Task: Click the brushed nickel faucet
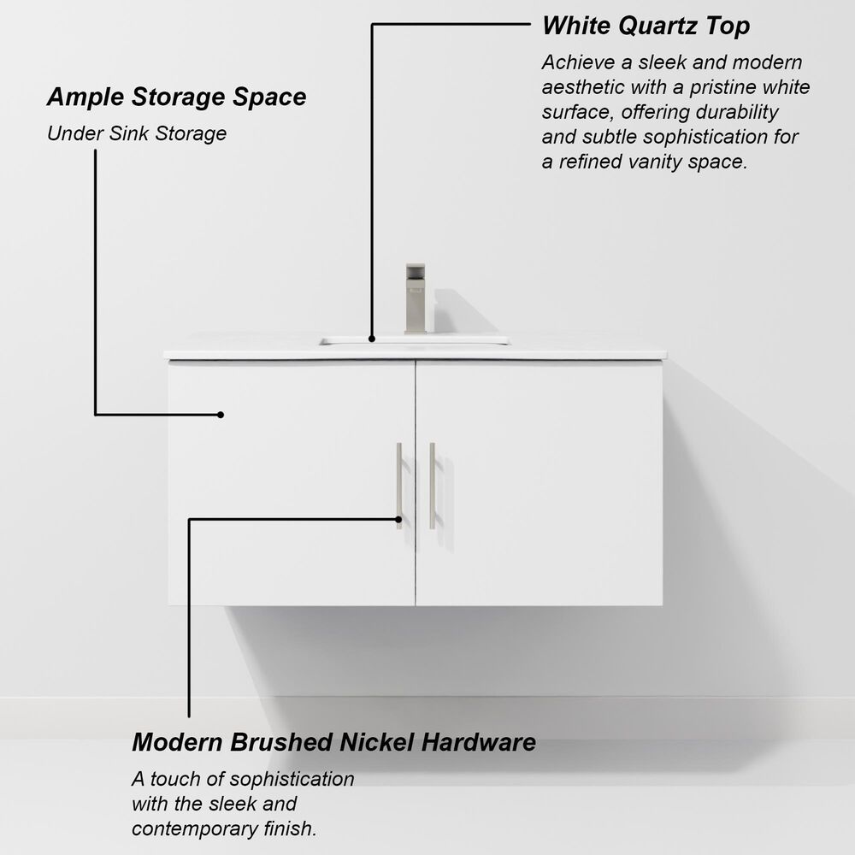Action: click(416, 299)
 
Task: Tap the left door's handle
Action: click(398, 485)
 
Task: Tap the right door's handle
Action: click(432, 485)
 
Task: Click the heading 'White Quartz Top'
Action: click(646, 26)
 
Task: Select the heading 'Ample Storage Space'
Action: click(176, 97)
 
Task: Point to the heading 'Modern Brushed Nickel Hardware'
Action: click(333, 741)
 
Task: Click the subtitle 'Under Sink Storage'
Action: click(137, 133)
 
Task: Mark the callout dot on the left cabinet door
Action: click(221, 415)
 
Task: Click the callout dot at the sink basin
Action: click(371, 339)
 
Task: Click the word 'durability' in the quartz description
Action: click(738, 112)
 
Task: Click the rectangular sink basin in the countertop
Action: click(415, 341)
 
